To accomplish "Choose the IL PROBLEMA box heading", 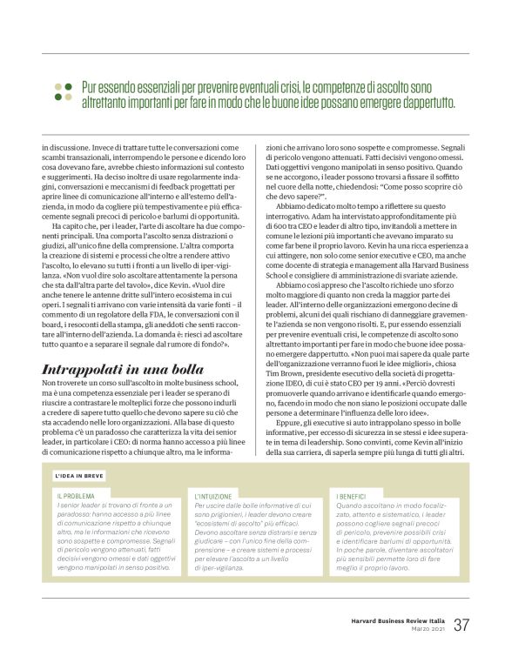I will pyautogui.click(x=76, y=495).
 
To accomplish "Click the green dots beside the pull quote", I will pyautogui.click(x=63, y=94).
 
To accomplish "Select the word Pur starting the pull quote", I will pyautogui.click(x=90, y=87).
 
